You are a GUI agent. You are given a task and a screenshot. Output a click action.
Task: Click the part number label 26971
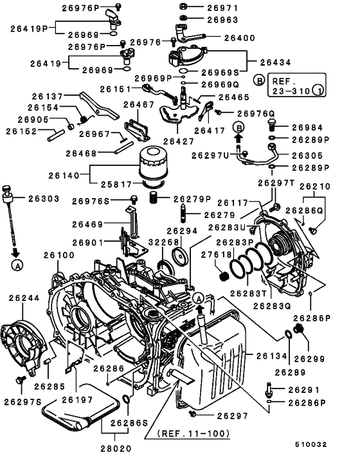click(222, 8)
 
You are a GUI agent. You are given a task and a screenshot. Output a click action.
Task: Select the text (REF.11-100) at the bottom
click(194, 433)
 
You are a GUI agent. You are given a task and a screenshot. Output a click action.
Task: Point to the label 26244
click(24, 298)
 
